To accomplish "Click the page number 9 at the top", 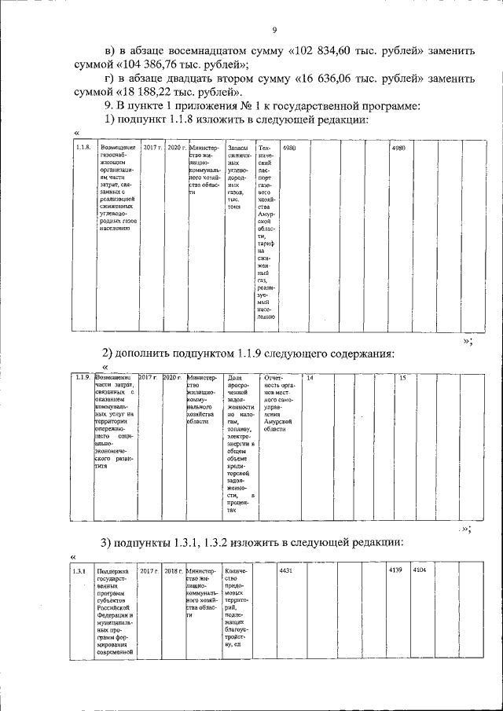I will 274,31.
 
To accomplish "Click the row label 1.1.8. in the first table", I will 83,148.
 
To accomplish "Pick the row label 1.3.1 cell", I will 79,570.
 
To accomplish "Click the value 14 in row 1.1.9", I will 310,378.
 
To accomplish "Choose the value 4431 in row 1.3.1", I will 286,570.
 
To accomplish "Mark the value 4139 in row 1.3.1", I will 395,570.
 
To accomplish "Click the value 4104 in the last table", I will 420,570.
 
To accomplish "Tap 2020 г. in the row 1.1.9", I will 174,378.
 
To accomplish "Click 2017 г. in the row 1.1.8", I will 152,148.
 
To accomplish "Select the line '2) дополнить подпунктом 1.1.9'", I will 247,352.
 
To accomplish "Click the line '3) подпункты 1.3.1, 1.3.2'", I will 251,543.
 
